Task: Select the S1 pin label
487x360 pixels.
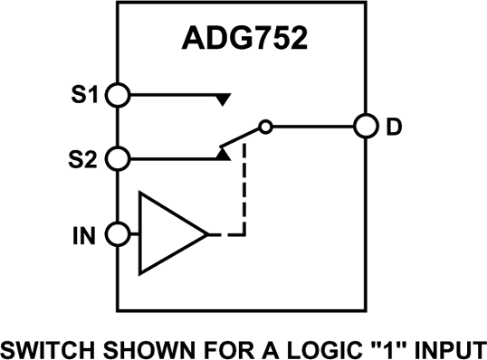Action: coord(83,94)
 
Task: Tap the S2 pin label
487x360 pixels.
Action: coord(83,159)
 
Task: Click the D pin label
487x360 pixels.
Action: coord(394,127)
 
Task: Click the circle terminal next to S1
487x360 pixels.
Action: coord(118,94)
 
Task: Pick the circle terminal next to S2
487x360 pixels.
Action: coord(118,159)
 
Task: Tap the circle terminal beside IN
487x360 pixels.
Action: coord(118,235)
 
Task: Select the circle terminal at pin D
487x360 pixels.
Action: coord(365,127)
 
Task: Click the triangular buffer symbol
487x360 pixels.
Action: coord(167,235)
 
